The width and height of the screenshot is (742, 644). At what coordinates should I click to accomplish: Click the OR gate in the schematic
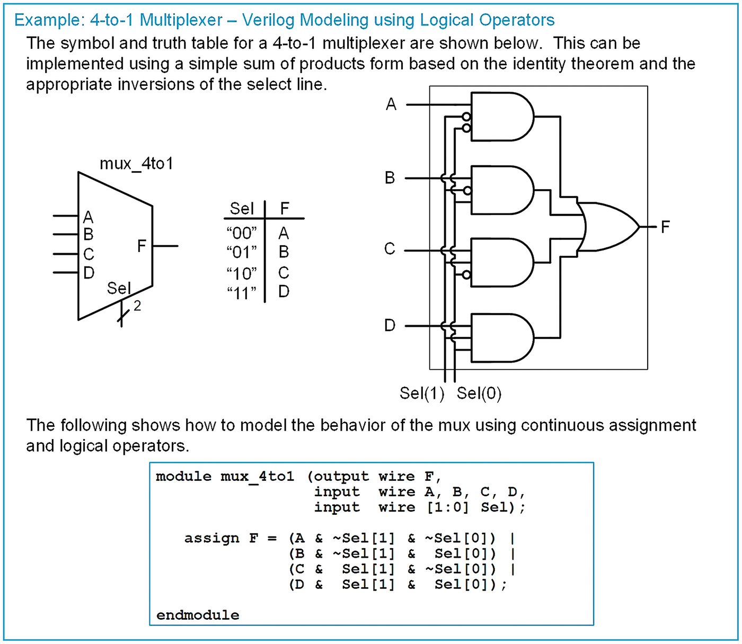click(609, 227)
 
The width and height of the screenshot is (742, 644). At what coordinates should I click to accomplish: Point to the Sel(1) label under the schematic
click(422, 393)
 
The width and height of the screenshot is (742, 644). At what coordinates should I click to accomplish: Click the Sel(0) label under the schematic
click(479, 393)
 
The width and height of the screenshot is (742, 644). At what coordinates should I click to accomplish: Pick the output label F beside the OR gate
click(665, 227)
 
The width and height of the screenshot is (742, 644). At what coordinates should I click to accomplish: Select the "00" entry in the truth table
click(241, 233)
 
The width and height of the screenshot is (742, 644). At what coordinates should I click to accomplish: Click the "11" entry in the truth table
click(241, 292)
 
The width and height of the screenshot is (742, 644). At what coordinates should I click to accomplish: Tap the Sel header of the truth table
click(242, 208)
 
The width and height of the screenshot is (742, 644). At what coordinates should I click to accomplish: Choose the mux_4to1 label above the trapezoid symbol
click(136, 163)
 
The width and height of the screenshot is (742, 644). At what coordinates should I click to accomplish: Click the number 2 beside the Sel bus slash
click(137, 306)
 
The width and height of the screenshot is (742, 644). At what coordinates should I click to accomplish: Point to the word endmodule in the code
click(198, 615)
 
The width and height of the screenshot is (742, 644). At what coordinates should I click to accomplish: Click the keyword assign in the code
click(211, 538)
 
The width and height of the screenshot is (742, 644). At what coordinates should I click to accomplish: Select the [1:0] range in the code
click(448, 507)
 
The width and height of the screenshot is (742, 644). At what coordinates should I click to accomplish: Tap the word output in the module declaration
click(341, 476)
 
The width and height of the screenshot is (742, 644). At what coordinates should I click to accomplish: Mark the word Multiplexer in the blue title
click(181, 20)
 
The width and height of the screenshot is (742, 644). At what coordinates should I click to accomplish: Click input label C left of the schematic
click(390, 249)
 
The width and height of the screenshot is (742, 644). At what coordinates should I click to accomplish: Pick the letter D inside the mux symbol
click(89, 273)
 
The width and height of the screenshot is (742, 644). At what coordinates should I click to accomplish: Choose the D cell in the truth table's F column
click(284, 291)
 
